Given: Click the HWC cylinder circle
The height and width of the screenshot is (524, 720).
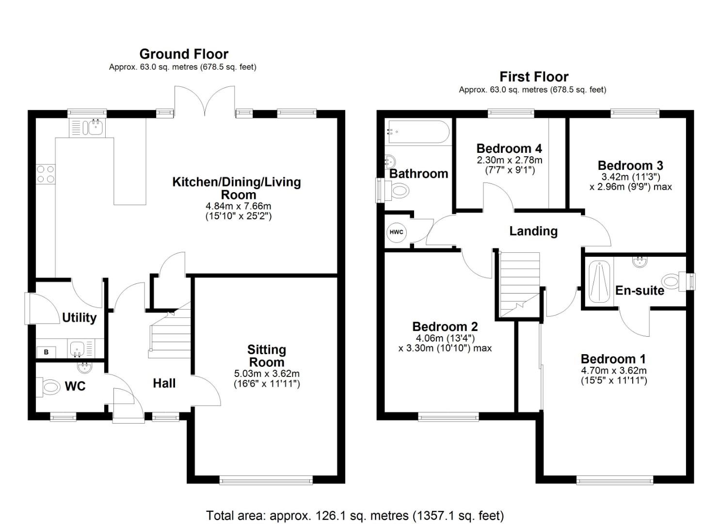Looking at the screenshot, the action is click(x=396, y=232).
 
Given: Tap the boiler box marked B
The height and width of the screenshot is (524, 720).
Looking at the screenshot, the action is click(x=46, y=352).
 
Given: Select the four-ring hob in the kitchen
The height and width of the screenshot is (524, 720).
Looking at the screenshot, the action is click(x=45, y=174).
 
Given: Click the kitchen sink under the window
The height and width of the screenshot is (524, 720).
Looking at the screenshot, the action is click(x=87, y=128).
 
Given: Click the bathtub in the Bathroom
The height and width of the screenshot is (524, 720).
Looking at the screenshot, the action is click(x=418, y=131).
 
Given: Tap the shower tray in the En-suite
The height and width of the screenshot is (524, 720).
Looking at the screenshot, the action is click(x=599, y=282).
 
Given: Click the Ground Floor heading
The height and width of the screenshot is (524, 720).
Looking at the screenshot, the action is click(x=184, y=54).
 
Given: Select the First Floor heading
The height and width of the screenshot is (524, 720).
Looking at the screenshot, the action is click(x=534, y=77).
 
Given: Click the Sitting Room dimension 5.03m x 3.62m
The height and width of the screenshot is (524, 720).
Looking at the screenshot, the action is click(x=267, y=374).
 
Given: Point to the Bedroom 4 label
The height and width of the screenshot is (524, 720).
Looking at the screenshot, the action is click(x=509, y=148).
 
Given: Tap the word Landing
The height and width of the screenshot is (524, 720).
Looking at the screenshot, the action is click(x=533, y=231).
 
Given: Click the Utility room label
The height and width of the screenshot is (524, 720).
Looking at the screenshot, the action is click(x=79, y=317).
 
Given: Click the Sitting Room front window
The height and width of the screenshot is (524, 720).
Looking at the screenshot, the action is click(x=266, y=480).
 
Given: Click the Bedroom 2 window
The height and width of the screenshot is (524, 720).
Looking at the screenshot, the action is click(x=448, y=417).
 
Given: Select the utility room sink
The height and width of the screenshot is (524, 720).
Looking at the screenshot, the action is click(x=77, y=349).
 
